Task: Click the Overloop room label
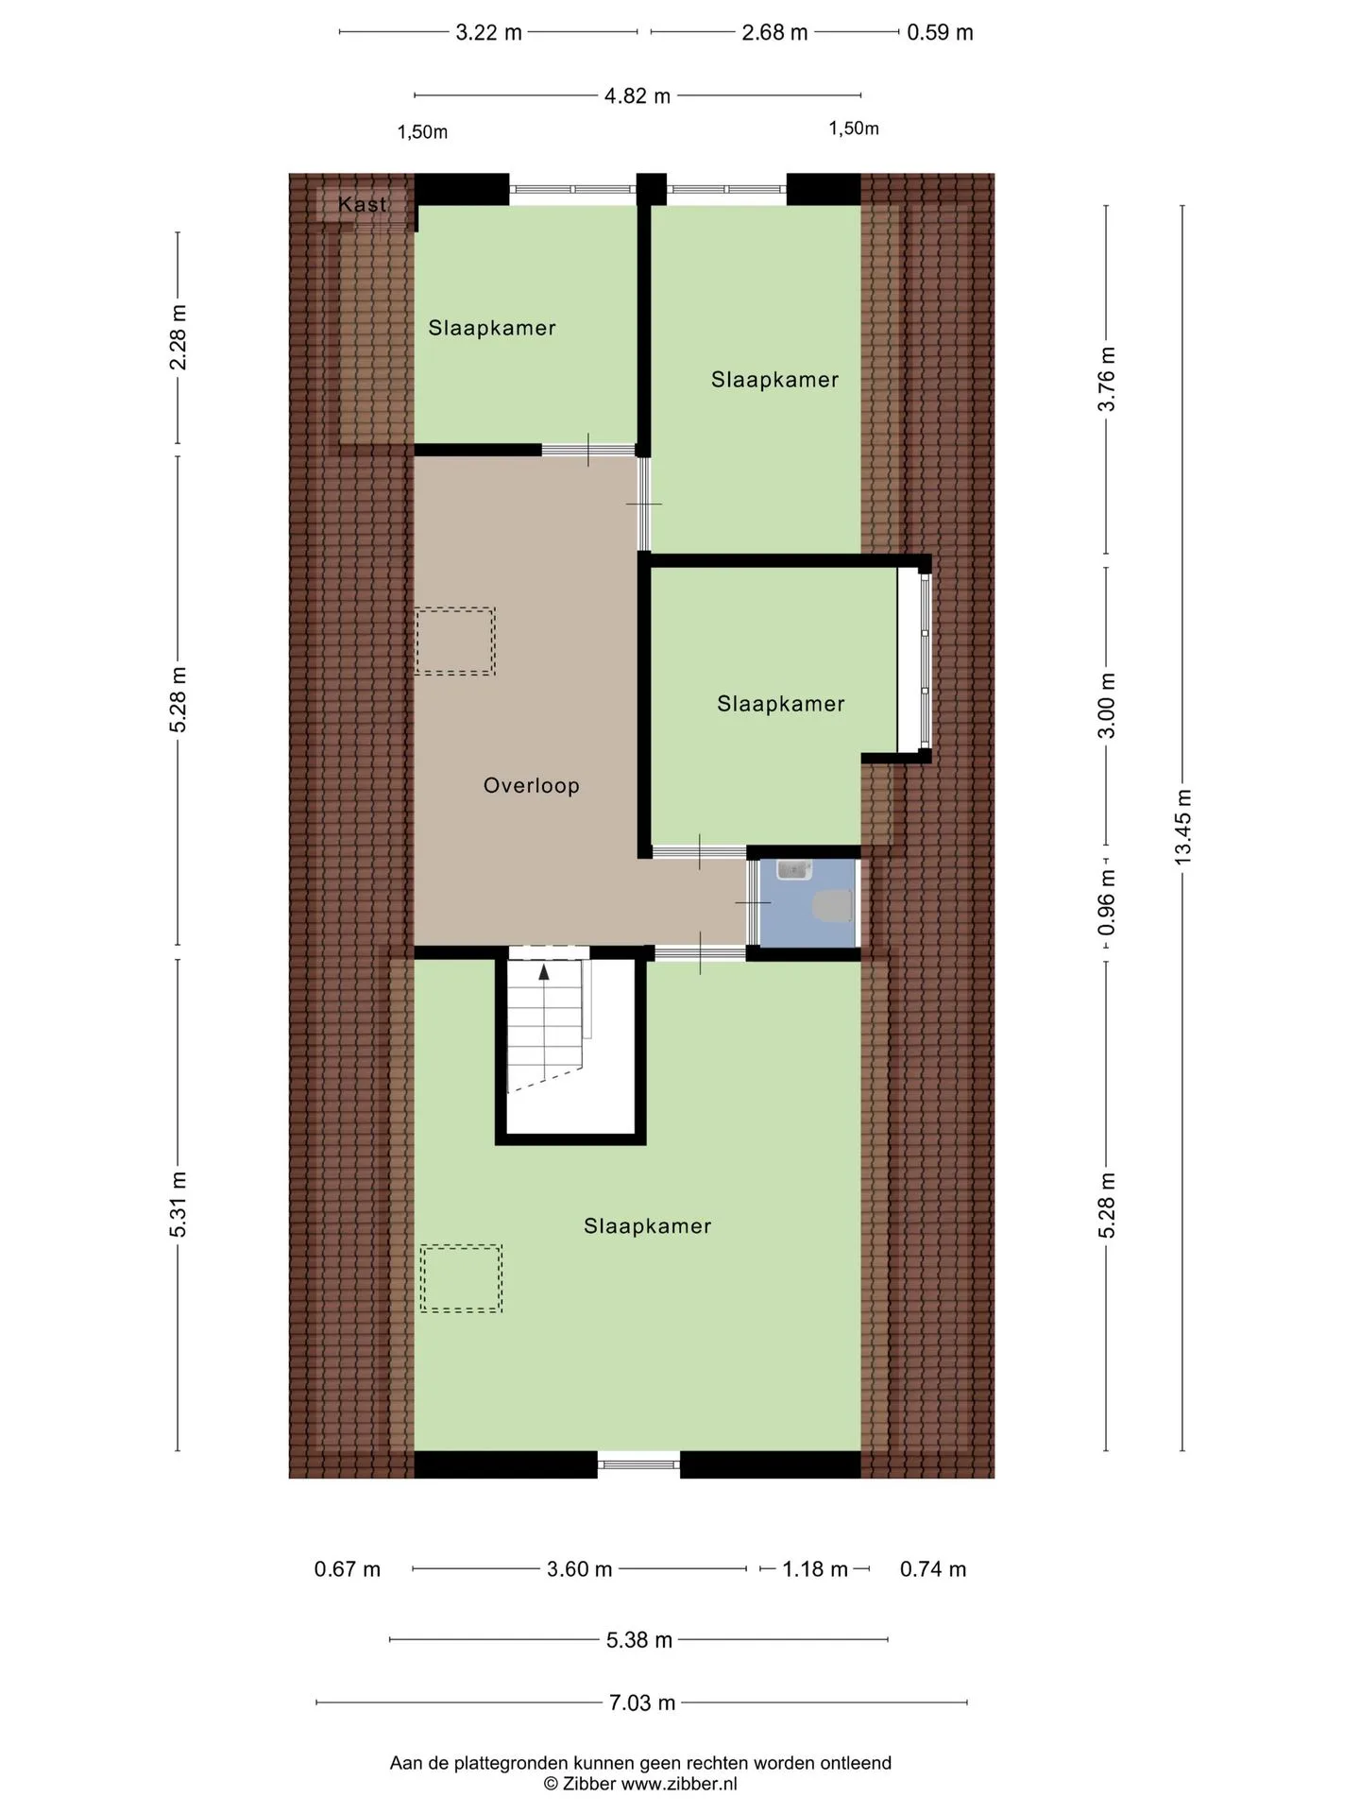[x=531, y=785]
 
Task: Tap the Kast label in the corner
[x=363, y=204]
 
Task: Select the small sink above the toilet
[x=794, y=869]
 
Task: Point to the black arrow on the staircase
[x=544, y=972]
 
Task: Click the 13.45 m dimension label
[x=1182, y=827]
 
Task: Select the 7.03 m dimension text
[x=642, y=1703]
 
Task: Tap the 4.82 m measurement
[x=637, y=95]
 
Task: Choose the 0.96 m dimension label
[x=1107, y=903]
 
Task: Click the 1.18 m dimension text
[x=815, y=1569]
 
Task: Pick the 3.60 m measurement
[x=579, y=1569]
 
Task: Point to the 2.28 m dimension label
[x=178, y=337]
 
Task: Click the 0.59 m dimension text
[x=940, y=32]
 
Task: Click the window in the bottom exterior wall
[x=638, y=1464]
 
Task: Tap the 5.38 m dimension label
[x=639, y=1639]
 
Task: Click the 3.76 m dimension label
[x=1107, y=379]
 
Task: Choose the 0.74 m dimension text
[x=933, y=1569]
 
